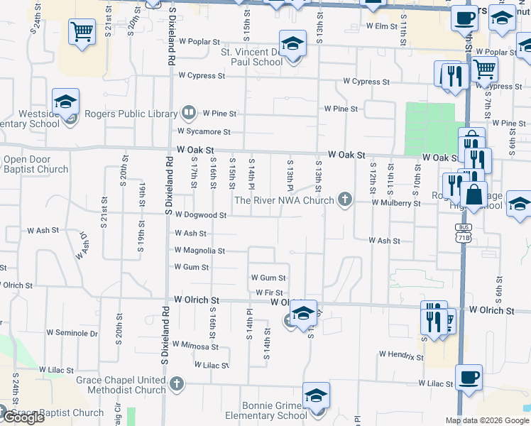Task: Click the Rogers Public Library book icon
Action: [x=189, y=113]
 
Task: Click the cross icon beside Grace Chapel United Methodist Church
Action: [x=177, y=386]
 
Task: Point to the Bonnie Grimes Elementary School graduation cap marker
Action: [x=316, y=396]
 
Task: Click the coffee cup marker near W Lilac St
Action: [x=467, y=378]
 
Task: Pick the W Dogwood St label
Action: [x=201, y=214]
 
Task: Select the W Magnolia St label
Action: [x=199, y=251]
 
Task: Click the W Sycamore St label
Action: [x=204, y=131]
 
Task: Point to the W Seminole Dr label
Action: [x=72, y=332]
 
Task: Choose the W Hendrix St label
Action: [x=401, y=354]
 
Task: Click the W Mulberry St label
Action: [x=395, y=203]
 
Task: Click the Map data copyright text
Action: [x=486, y=420]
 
